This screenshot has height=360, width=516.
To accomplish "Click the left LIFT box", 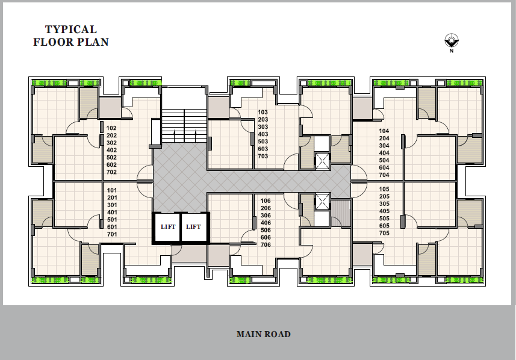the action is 168,227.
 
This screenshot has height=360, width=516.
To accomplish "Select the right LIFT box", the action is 194,227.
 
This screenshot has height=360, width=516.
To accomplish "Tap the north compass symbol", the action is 452,40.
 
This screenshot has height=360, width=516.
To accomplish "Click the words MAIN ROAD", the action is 264,334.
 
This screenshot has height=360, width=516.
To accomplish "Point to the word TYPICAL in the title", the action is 71,29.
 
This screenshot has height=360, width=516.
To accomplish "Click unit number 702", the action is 111,172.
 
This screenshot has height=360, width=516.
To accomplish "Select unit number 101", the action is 112,190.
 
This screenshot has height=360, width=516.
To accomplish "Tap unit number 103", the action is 263,112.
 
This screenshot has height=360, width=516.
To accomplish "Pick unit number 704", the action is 384,175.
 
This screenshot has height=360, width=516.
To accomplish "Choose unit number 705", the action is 384,233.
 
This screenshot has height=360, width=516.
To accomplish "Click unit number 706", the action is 266,245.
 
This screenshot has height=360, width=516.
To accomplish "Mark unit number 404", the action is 384,153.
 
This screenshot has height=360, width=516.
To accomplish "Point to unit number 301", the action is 112,205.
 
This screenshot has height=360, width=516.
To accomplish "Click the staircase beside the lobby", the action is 184,126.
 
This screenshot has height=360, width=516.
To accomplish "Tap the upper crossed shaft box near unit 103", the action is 322,161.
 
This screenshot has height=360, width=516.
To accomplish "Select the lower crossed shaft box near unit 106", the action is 322,202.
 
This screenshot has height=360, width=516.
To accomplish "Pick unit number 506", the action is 266,231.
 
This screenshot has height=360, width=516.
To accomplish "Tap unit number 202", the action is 111,135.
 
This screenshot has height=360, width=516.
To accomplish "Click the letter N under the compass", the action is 452,51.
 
